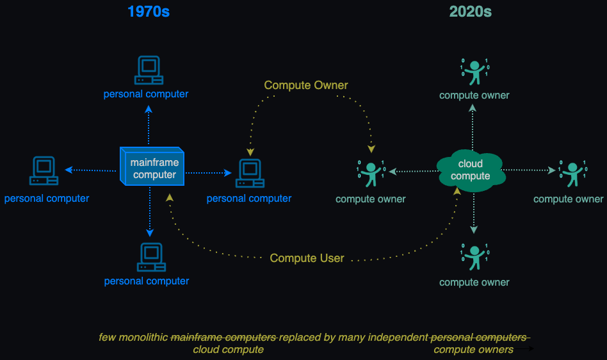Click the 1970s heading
(149, 12)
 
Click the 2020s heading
(471, 12)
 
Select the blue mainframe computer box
(152, 167)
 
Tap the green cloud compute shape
(471, 170)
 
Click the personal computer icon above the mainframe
(149, 70)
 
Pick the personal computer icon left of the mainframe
(44, 170)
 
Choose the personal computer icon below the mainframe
(151, 258)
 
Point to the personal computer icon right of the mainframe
(250, 174)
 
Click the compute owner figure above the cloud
(474, 72)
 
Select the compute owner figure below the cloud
(474, 257)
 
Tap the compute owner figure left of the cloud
(371, 174)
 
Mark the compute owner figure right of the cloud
(573, 174)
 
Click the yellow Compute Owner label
(306, 85)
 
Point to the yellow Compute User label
(307, 258)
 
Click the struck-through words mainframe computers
(223, 338)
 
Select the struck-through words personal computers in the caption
(479, 338)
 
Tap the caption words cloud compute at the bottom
(229, 350)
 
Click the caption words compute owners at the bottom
(473, 350)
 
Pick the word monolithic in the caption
(143, 338)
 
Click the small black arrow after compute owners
(524, 348)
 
